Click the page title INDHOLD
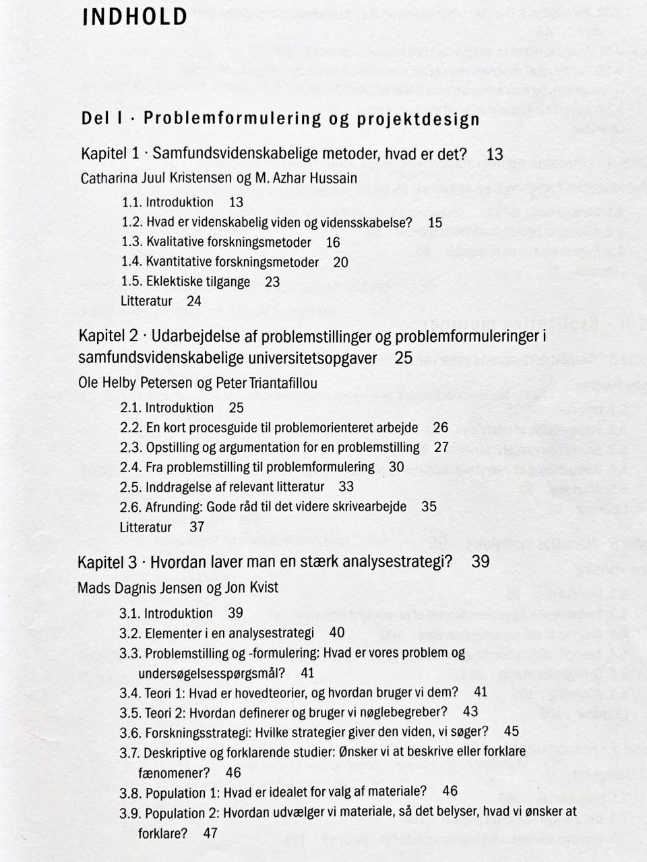(135, 16)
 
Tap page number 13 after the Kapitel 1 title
(495, 154)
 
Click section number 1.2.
(132, 223)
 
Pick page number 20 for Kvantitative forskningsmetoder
(340, 262)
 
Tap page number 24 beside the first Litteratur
(194, 301)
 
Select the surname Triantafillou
(284, 383)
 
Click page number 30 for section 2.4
(396, 467)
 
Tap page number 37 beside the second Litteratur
(197, 527)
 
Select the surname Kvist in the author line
(261, 587)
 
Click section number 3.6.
(131, 732)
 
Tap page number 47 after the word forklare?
(210, 833)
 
